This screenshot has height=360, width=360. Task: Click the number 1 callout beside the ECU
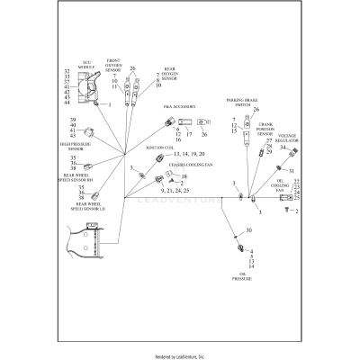pos(110,105)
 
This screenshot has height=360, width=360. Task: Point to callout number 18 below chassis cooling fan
pos(159,176)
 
